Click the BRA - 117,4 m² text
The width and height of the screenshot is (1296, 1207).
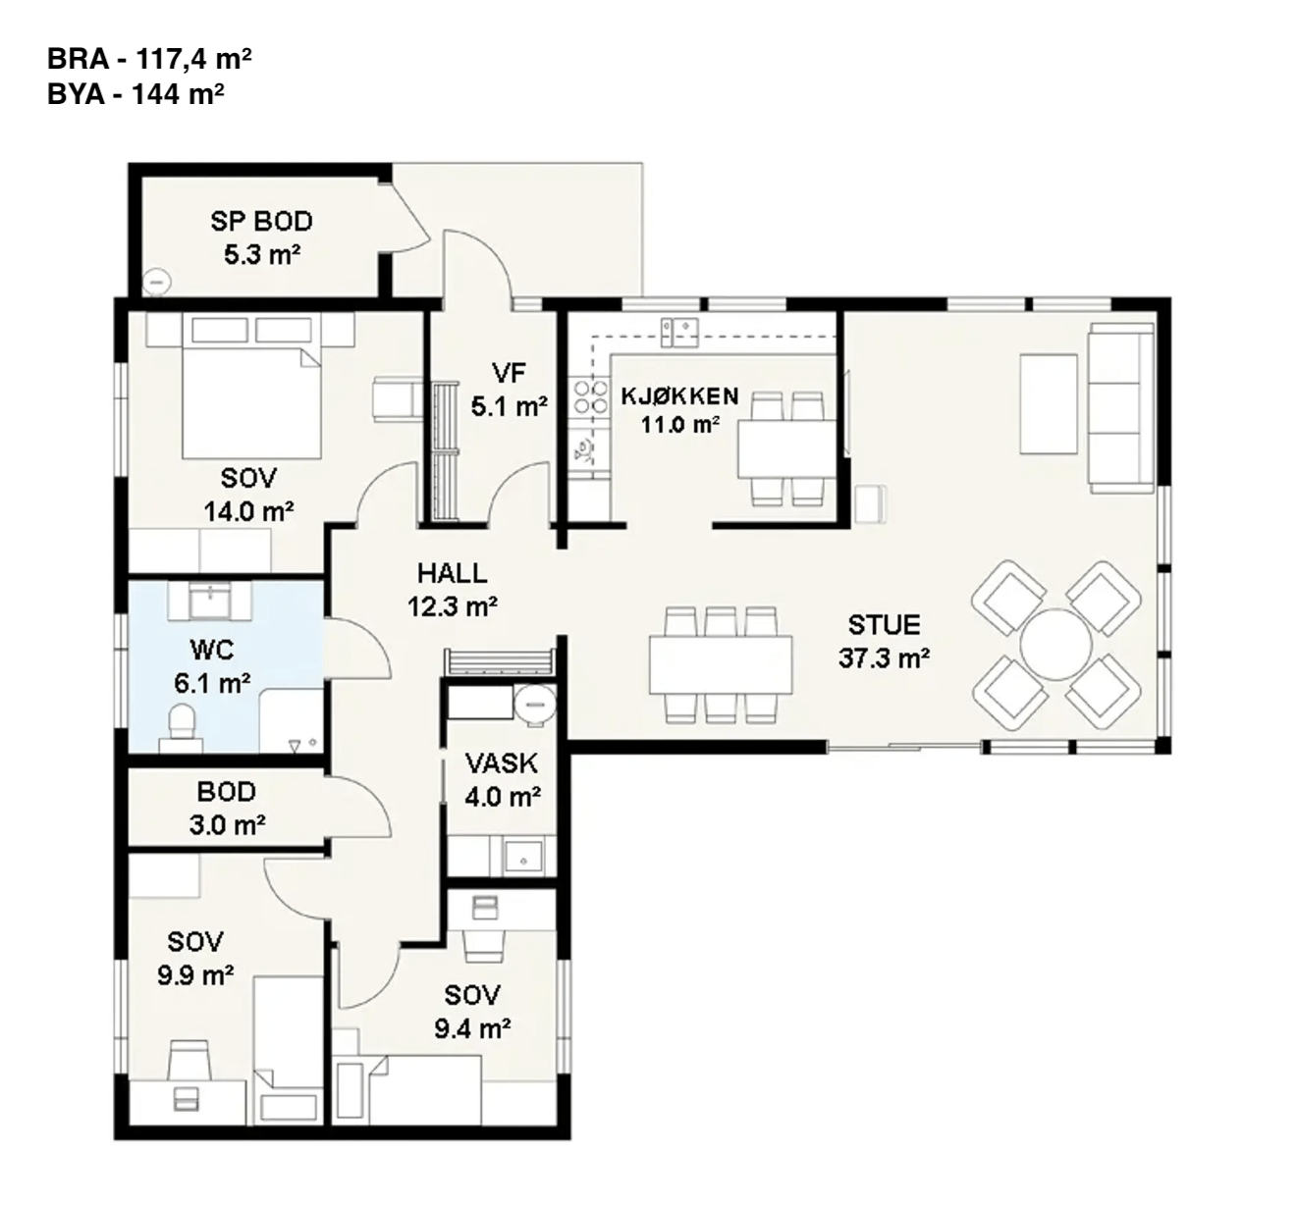pyautogui.click(x=149, y=60)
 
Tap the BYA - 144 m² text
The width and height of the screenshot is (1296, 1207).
pyautogui.click(x=135, y=94)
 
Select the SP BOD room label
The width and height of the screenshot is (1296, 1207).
pyautogui.click(x=262, y=222)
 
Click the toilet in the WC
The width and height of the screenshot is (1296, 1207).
pyautogui.click(x=182, y=727)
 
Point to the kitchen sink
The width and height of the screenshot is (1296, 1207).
pyautogui.click(x=679, y=332)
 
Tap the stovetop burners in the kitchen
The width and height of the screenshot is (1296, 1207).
pyautogui.click(x=591, y=396)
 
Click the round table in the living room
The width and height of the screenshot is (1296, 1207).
pyautogui.click(x=1055, y=645)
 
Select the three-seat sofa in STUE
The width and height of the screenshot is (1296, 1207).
pyautogui.click(x=1120, y=407)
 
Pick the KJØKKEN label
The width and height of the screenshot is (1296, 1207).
pyautogui.click(x=679, y=396)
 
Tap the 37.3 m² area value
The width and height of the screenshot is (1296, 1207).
pyautogui.click(x=885, y=658)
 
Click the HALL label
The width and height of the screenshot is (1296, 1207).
pyautogui.click(x=453, y=573)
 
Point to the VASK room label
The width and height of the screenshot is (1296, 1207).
pyautogui.click(x=501, y=762)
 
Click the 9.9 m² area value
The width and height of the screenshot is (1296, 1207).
pyautogui.click(x=195, y=975)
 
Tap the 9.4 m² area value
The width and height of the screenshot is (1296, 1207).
pyautogui.click(x=472, y=1028)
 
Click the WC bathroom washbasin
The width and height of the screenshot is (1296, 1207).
pyautogui.click(x=209, y=601)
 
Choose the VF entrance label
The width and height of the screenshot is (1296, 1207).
pyautogui.click(x=509, y=373)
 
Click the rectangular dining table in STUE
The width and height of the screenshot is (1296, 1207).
pyautogui.click(x=721, y=664)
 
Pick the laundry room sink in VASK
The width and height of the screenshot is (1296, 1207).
pyautogui.click(x=522, y=856)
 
